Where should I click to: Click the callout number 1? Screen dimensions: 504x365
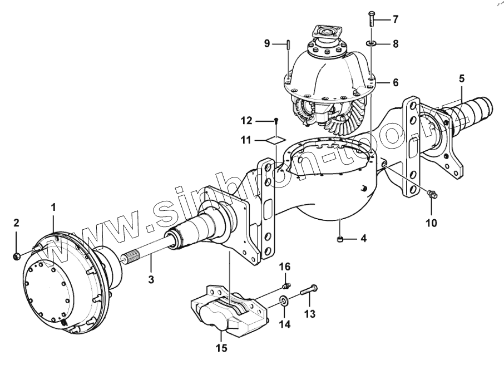[x=53, y=207]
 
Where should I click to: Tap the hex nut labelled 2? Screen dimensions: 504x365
[x=16, y=256]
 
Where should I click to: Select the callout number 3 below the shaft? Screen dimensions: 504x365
[x=151, y=279]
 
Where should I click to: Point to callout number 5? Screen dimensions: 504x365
[x=462, y=78]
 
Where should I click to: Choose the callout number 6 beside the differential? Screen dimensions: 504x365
[x=396, y=83]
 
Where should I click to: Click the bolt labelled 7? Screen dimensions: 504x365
[x=371, y=19]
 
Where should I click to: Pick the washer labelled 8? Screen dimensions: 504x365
[x=371, y=43]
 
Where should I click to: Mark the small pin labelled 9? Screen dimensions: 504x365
[x=289, y=44]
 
